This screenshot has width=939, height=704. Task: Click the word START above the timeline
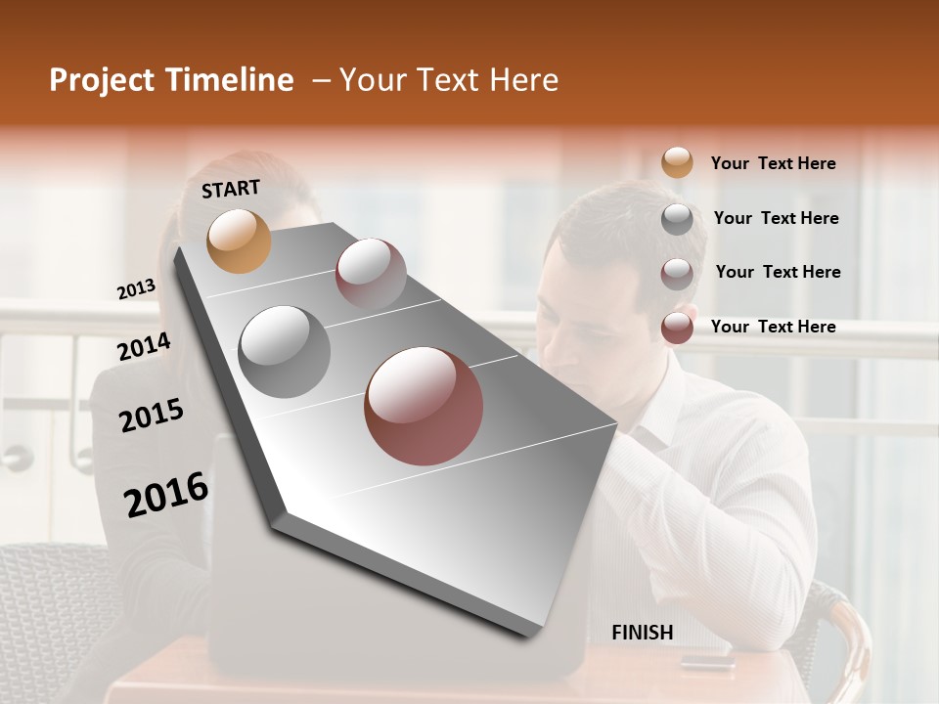231,189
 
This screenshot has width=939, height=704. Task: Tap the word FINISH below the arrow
643,633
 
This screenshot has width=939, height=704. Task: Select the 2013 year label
136,289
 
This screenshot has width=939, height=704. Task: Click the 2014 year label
144,347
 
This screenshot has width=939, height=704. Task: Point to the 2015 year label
152,416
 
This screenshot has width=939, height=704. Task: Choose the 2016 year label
166,495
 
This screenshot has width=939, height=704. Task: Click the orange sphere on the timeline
240,241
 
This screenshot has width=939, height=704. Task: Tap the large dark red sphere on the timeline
424,406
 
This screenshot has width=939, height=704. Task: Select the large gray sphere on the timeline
285,351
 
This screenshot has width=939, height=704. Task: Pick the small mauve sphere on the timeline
371,273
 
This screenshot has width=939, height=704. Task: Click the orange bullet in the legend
677,163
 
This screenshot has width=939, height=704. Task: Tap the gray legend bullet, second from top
677,219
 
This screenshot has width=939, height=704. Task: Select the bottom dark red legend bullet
677,328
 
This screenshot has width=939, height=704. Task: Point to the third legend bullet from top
677,273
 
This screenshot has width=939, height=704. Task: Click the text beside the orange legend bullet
773,164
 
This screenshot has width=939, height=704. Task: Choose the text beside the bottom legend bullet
773,327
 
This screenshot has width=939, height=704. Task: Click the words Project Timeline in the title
171,80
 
